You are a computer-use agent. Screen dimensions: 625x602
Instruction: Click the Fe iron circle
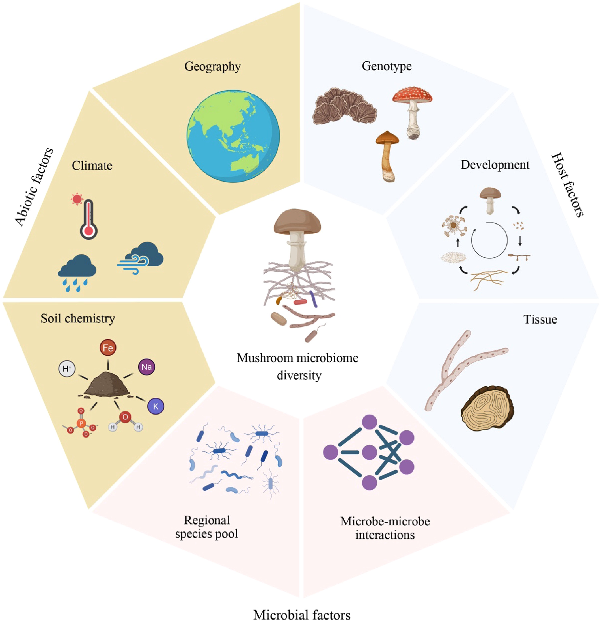pos(108,348)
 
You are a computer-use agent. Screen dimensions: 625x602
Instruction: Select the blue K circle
pos(156,406)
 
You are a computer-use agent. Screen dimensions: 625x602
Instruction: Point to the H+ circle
pos(67,369)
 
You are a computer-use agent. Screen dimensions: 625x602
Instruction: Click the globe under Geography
pos(233,136)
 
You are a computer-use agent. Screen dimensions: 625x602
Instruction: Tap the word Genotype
pos(386,66)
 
